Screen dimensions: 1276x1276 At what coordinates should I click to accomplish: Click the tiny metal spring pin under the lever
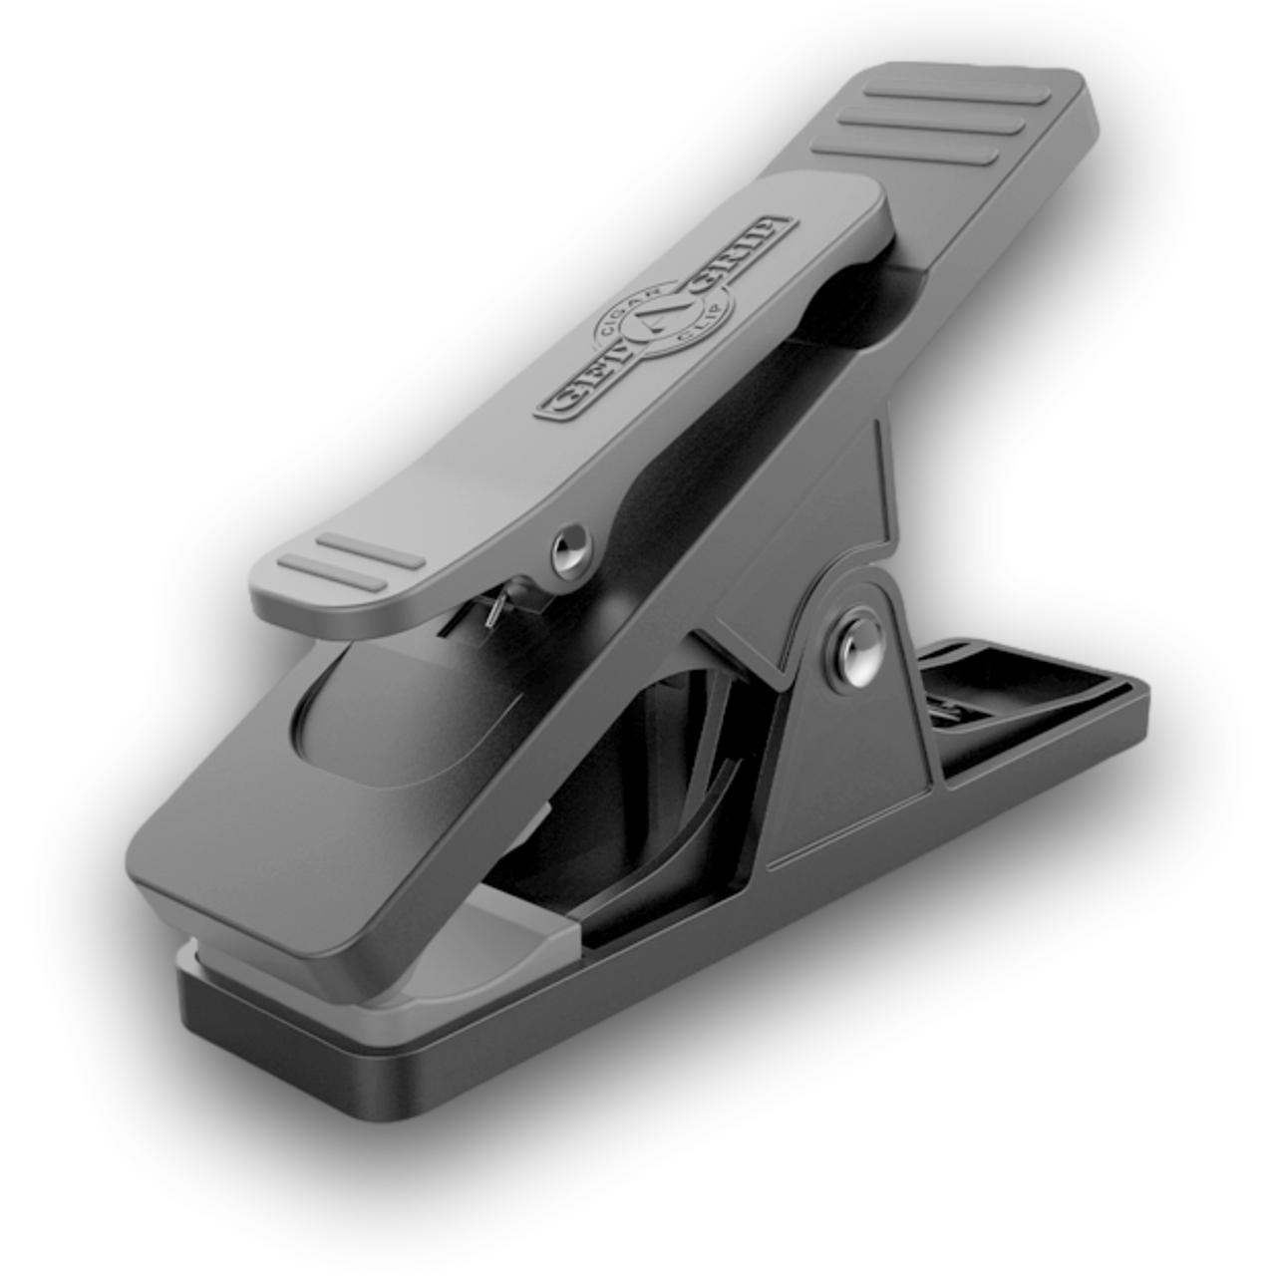pyautogui.click(x=491, y=612)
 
